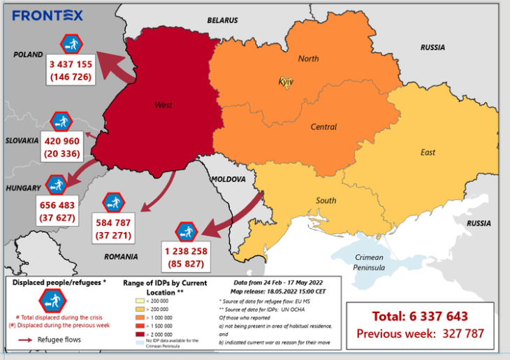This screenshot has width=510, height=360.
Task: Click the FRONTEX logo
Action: pos(48,15)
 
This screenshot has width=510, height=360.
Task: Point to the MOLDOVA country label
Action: pos(229,179)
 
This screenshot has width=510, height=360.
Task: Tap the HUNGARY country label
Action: pos(23,189)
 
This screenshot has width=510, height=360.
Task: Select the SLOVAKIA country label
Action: pos(21,141)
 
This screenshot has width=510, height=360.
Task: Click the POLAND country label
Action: pos(28,55)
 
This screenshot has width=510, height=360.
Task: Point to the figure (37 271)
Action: pos(113,236)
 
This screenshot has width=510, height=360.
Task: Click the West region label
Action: pos(163,106)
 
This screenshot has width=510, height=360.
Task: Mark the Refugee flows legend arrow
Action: pos(26,340)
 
